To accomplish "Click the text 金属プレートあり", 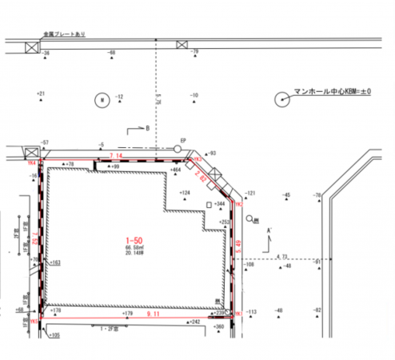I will click(x=65, y=34).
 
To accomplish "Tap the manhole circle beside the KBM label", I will click(x=282, y=99).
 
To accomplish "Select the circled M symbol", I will click(x=102, y=100).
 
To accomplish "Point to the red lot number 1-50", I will click(x=133, y=241).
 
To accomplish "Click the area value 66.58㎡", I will click(x=133, y=250).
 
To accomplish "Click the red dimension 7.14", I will click(x=114, y=154).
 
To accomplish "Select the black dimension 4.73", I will click(x=281, y=256).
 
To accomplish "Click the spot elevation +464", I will click(x=176, y=170).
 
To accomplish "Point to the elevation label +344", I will click(x=221, y=205).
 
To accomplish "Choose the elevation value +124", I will click(x=186, y=194).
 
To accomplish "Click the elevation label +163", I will click(x=55, y=262).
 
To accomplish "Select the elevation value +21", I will click(x=42, y=94).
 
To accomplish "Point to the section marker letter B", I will click(x=147, y=128).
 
